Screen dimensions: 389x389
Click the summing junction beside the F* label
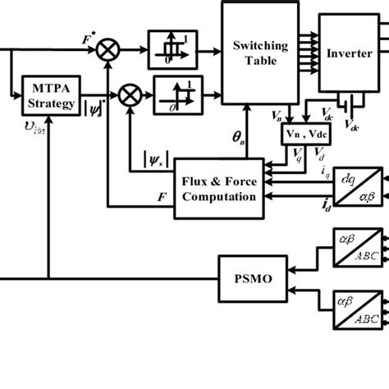click(108, 52)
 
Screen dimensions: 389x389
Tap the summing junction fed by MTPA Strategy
click(129, 96)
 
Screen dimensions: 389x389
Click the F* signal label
click(86, 38)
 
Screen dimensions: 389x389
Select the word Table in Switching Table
click(253, 61)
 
